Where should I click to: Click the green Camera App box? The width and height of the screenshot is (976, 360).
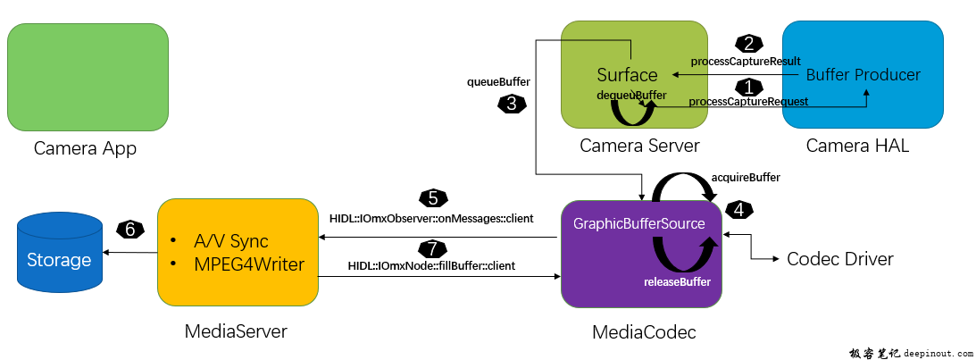point(88,77)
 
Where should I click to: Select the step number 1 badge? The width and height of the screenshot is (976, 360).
point(747,87)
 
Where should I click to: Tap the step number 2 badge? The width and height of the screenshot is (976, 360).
point(747,43)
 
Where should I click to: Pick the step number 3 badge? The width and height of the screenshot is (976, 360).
point(511,104)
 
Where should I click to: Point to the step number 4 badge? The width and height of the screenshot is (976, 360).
point(739,210)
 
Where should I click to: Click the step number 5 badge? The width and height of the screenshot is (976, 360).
point(432,198)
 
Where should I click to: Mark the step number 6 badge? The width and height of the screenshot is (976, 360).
point(129,230)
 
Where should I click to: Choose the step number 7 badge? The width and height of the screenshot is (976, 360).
point(431,247)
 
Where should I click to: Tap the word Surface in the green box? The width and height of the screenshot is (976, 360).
point(627,75)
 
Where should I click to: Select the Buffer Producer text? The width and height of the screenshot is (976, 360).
point(863,75)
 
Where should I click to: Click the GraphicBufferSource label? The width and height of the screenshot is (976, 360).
point(639,223)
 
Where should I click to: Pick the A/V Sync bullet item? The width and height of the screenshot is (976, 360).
point(230,241)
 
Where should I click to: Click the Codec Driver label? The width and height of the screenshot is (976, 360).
point(839,259)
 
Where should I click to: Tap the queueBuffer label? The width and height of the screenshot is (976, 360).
point(499,81)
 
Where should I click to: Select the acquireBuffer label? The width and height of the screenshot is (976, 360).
point(746,178)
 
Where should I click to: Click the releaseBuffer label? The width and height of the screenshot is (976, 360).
point(677,282)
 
